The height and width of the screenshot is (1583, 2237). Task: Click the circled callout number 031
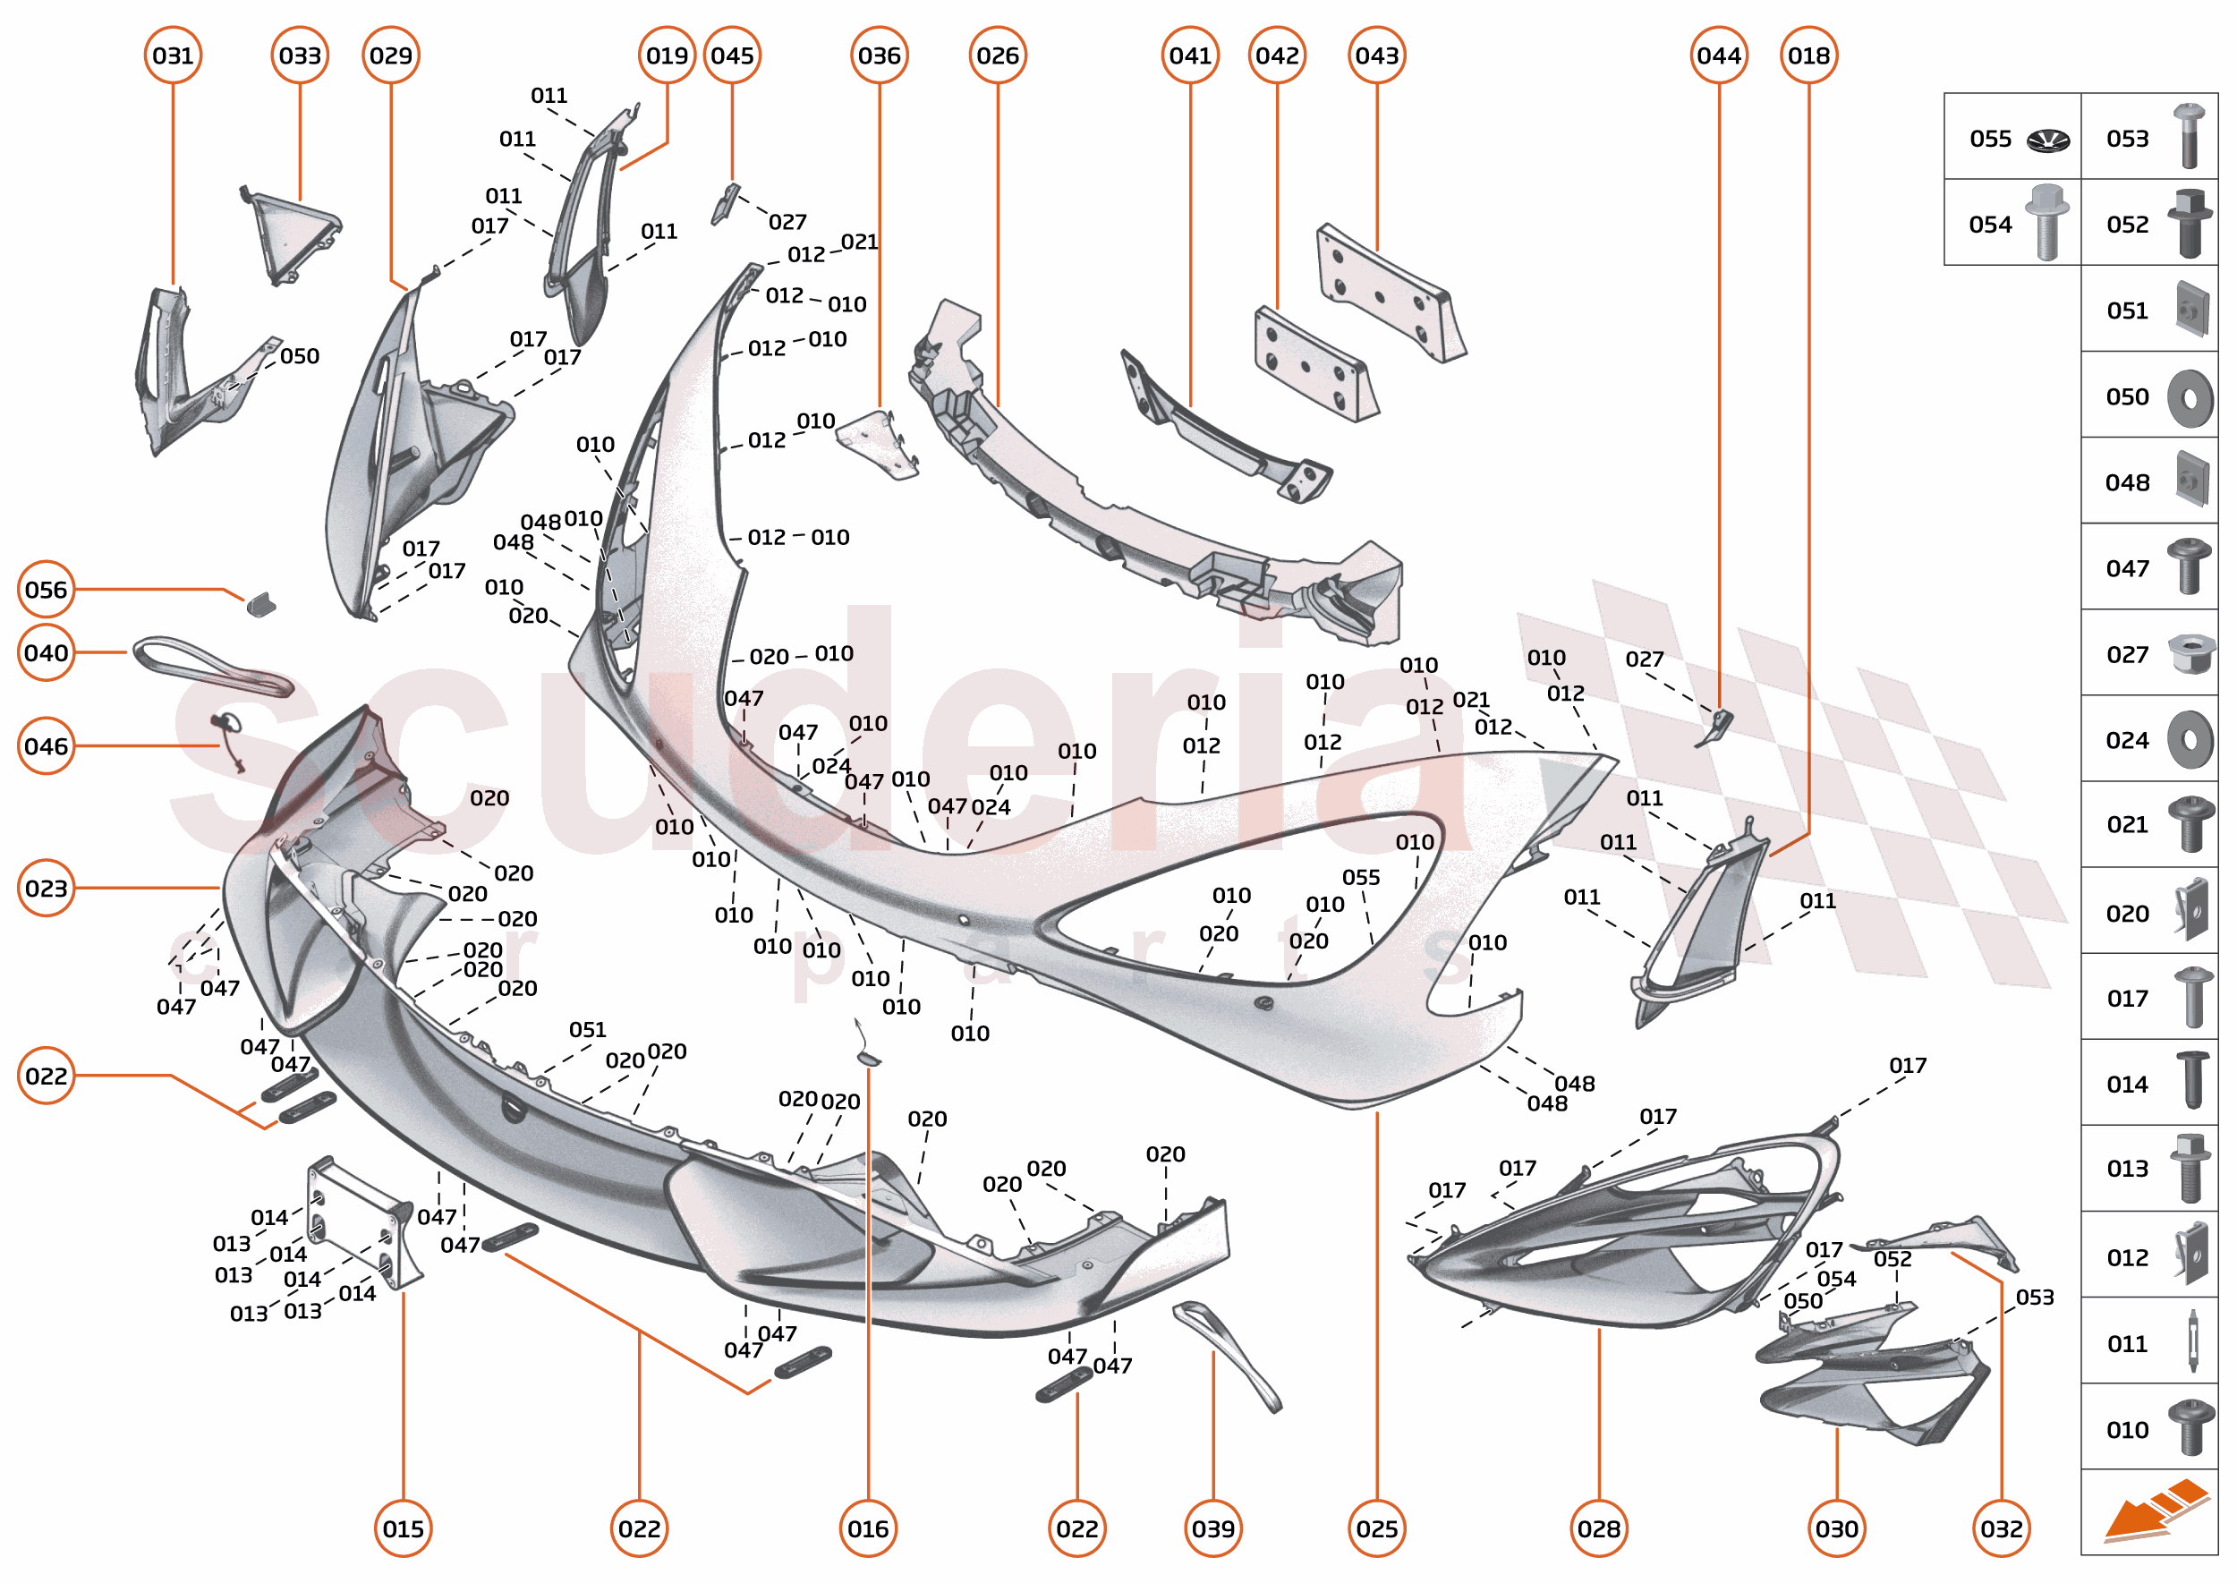point(173,55)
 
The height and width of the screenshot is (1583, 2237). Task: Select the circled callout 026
point(997,55)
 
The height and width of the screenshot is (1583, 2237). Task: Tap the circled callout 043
point(1376,55)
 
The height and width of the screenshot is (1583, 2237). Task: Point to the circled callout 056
point(46,590)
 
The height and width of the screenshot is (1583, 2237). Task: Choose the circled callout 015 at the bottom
point(403,1528)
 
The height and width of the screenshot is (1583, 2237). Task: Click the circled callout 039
point(1212,1528)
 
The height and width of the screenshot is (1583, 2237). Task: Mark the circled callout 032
point(2000,1528)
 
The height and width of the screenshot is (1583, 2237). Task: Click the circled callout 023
point(46,888)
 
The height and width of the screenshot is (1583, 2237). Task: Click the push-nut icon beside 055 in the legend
point(2047,140)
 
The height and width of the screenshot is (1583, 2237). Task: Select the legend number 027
point(2127,655)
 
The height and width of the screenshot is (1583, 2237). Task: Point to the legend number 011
point(2127,1344)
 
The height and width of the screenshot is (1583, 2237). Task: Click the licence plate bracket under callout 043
point(1388,291)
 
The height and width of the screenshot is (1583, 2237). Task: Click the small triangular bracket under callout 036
point(877,444)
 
